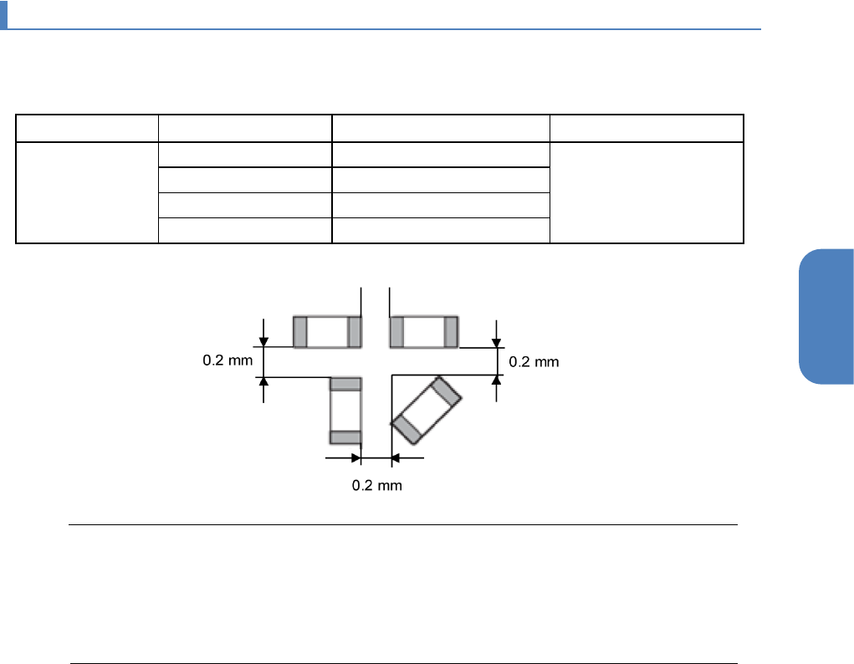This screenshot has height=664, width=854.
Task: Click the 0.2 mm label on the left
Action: click(228, 360)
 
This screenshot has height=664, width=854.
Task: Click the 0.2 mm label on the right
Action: click(534, 362)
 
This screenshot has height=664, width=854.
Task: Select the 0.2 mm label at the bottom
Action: click(377, 485)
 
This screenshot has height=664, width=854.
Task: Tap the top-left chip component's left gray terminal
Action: click(300, 332)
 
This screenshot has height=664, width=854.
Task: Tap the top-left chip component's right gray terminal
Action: click(354, 332)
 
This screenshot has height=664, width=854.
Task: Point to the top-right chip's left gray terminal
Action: click(396, 332)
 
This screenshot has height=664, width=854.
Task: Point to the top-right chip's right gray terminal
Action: click(450, 332)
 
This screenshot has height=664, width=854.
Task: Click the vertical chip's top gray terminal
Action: click(345, 384)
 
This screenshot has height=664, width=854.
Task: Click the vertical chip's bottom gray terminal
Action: click(345, 437)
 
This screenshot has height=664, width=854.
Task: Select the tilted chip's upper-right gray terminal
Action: click(446, 391)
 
